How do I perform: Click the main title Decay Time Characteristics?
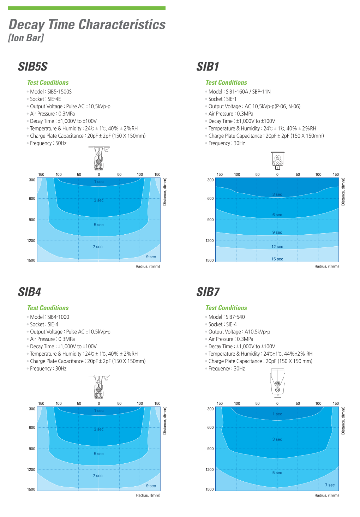[87, 25]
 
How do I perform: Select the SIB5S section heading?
[32, 67]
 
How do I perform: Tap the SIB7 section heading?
[208, 292]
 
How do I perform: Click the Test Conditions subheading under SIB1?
[226, 83]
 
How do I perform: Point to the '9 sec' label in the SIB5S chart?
[151, 257]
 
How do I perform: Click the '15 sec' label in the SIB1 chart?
[277, 259]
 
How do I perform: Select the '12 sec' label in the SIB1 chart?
[277, 247]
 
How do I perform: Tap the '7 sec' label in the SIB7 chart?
[330, 485]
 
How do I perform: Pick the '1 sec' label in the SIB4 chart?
[99, 411]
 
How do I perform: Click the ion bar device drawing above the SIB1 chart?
[277, 161]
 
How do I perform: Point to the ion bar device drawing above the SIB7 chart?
[277, 383]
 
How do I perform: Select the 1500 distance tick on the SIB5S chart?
[31, 260]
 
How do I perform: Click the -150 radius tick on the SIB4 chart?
[41, 403]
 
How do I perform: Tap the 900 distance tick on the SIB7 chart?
[210, 449]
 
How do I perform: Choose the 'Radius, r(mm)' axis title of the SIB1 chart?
[326, 266]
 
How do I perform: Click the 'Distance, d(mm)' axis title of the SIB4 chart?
[165, 421]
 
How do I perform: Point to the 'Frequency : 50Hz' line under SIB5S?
[48, 143]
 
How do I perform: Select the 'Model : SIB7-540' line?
[226, 317]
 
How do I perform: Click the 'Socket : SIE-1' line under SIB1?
[222, 99]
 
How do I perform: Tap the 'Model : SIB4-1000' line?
[49, 317]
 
